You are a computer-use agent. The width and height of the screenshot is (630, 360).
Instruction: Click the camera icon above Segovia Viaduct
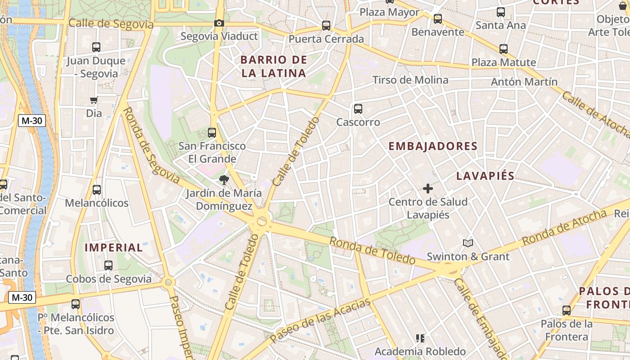pos(219,23)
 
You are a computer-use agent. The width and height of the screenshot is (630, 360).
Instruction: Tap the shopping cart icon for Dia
pos(94,100)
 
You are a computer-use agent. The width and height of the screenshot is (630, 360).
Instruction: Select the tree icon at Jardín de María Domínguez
pos(223,180)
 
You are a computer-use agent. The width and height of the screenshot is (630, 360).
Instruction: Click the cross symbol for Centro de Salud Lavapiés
pos(427,189)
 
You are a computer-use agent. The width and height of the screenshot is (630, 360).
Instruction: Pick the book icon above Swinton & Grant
pos(468,243)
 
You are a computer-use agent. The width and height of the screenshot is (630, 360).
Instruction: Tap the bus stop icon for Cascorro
pos(358,108)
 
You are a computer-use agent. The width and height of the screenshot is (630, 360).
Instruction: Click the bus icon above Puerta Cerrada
pos(326,26)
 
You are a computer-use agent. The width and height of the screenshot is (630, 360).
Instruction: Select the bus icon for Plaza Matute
pos(504,49)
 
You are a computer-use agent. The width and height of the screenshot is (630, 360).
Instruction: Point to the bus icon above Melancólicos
pos(97,190)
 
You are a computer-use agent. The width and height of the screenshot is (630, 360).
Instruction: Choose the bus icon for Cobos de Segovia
pos(108,265)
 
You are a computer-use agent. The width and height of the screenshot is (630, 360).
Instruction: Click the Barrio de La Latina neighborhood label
pos(274,66)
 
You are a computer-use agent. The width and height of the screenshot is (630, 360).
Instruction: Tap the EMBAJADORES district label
pos(433,146)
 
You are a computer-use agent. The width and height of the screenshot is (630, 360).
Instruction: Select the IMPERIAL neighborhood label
pos(114,247)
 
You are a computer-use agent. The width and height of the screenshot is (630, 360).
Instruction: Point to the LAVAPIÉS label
pos(486,176)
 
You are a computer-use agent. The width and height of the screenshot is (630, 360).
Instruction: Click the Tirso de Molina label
pos(410,80)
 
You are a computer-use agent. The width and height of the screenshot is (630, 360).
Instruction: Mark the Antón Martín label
pos(524,82)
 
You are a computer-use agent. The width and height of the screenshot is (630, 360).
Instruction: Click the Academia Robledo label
pos(420,351)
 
